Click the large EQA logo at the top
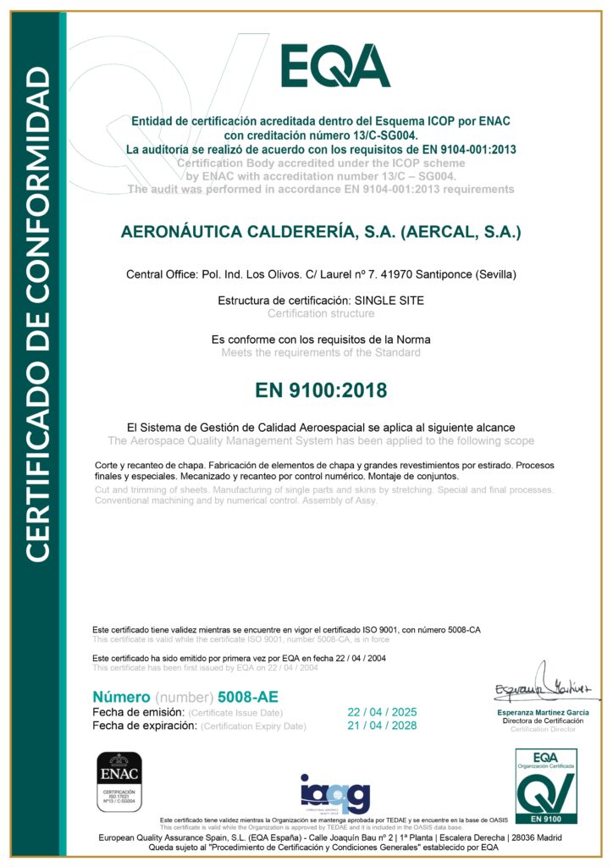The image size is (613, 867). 335,65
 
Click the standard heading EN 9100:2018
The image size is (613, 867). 321,390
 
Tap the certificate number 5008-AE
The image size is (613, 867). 247,697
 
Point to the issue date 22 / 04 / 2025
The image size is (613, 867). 383,712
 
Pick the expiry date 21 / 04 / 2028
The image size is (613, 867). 383,726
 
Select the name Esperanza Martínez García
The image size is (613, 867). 542,713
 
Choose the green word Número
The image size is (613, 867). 120,697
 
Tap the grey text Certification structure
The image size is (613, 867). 321,313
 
